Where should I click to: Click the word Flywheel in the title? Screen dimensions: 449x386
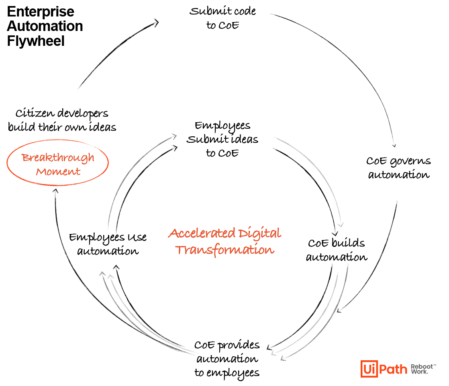click(36, 41)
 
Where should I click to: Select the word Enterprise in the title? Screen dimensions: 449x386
click(41, 12)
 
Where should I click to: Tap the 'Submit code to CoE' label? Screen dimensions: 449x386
click(222, 18)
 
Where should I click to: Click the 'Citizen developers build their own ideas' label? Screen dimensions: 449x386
click(62, 120)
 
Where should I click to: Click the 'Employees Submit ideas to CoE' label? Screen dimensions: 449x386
click(222, 140)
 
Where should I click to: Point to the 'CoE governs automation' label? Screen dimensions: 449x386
click(399, 168)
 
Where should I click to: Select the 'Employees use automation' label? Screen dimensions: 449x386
click(108, 244)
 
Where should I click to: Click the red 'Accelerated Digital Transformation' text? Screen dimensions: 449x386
click(225, 242)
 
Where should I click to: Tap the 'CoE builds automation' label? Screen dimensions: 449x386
click(337, 250)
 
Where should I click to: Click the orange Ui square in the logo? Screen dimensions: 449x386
click(369, 369)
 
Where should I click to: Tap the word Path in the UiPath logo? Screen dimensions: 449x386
click(393, 369)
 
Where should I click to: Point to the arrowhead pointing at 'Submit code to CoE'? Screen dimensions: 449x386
click(156, 23)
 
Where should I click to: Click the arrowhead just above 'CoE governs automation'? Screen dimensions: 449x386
click(394, 146)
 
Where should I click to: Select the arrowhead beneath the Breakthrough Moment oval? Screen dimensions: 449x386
click(56, 191)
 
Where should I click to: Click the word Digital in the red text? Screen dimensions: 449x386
click(260, 234)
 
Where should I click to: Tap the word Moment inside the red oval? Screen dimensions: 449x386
click(58, 172)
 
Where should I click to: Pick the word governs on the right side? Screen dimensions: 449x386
click(410, 162)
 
